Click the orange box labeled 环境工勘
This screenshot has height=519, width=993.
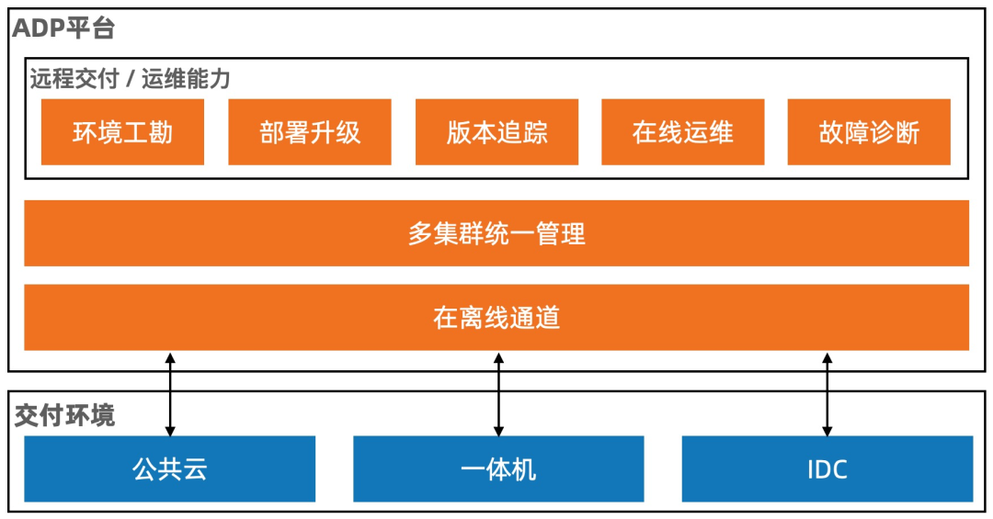[122, 132]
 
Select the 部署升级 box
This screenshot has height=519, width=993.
[310, 132]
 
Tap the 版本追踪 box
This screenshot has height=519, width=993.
[496, 132]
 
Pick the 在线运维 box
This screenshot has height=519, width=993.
[682, 132]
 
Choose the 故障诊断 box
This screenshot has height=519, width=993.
[869, 132]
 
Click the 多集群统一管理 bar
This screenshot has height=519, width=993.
[496, 233]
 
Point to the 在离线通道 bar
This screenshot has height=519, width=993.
[496, 318]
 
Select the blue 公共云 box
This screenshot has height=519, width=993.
[170, 469]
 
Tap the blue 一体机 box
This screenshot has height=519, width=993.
[498, 469]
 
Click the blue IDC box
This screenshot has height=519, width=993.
[827, 469]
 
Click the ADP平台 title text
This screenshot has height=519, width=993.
[63, 28]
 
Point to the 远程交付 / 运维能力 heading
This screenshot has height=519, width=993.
[130, 79]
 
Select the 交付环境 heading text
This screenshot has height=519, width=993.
[64, 415]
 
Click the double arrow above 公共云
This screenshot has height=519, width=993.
[170, 393]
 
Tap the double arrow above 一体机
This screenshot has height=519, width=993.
[498, 393]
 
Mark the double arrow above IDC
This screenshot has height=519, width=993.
[827, 393]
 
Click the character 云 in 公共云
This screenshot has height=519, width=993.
[195, 469]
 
